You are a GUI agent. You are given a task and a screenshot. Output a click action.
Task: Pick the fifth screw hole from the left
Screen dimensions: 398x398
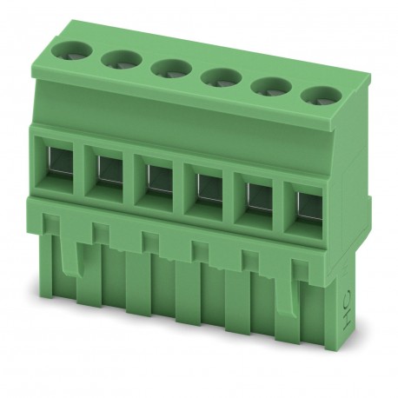(272, 85)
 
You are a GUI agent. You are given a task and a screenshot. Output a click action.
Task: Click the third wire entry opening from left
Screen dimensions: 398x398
(157, 178)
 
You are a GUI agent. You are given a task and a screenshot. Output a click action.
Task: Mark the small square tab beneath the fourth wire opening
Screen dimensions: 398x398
(198, 248)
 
